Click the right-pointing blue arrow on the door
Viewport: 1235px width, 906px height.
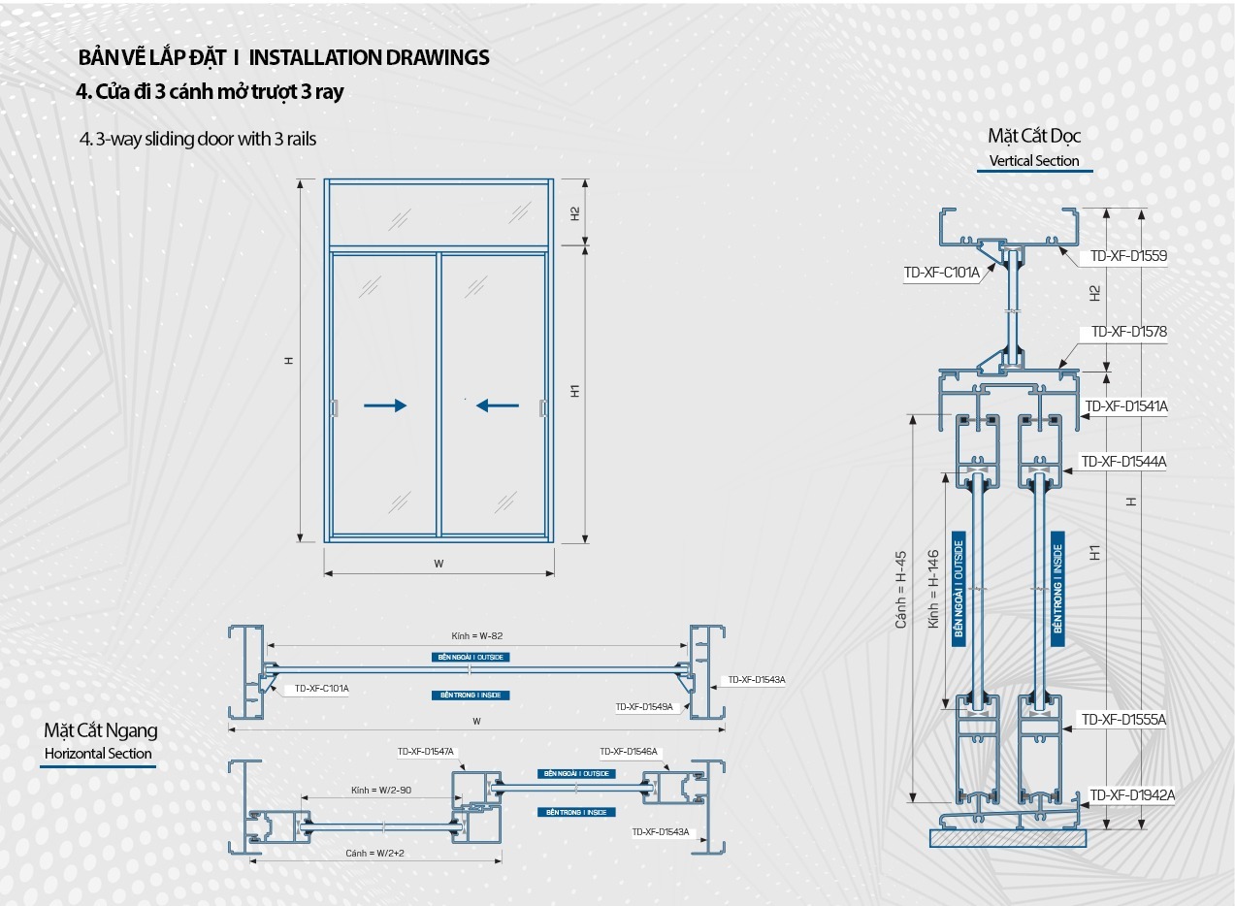(386, 405)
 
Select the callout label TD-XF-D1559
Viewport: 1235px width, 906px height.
(1128, 256)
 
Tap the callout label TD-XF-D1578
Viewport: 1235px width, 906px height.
(1128, 332)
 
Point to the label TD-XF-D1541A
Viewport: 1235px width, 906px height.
(1125, 406)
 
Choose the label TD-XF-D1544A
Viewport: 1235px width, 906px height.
(1123, 462)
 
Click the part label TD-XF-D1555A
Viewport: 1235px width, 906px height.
(1123, 720)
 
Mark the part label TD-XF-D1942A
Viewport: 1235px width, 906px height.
(1131, 795)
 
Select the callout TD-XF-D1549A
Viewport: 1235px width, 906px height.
(643, 707)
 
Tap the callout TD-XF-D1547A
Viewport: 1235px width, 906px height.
(425, 752)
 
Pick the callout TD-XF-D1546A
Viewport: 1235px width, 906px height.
(628, 752)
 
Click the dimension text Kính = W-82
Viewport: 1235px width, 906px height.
(476, 636)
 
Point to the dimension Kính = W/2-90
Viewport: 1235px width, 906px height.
(381, 791)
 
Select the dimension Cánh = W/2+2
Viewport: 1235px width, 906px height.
(374, 853)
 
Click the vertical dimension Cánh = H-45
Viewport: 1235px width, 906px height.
(901, 591)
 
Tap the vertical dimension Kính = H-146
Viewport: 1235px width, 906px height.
(932, 589)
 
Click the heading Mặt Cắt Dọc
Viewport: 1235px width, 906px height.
(1034, 136)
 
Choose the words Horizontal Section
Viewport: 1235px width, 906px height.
(98, 754)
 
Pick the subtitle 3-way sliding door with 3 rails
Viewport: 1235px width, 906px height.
(206, 139)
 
